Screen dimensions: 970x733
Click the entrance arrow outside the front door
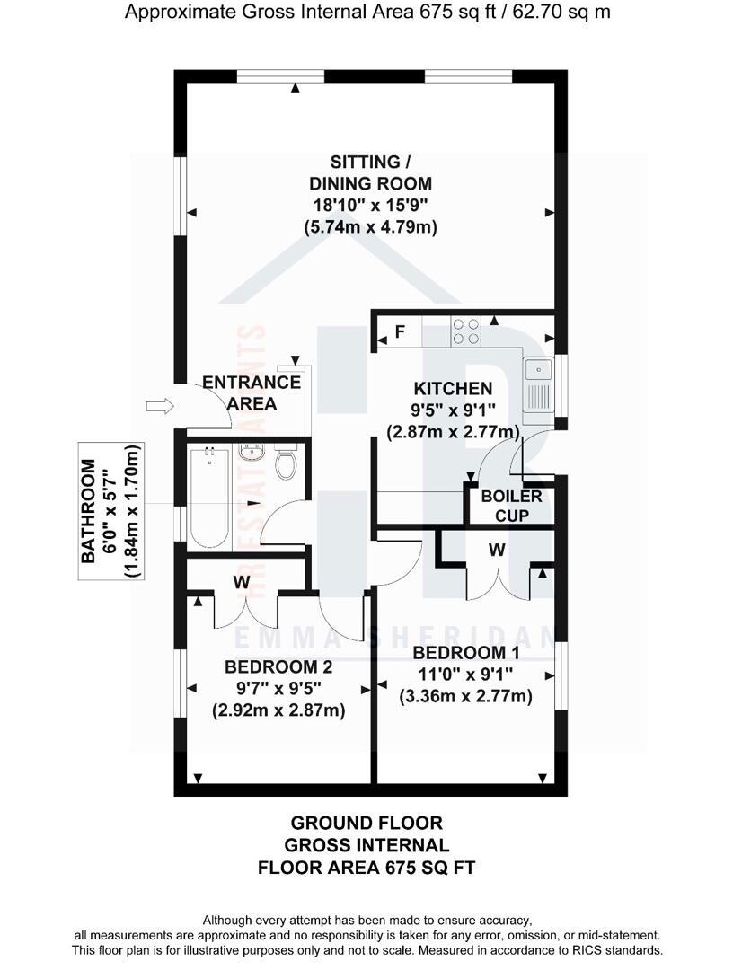point(158,407)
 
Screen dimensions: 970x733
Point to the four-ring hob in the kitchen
point(465,331)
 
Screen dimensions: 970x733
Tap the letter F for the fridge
point(400,332)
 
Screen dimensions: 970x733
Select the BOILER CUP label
point(511,506)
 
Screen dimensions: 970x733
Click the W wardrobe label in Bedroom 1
point(496,551)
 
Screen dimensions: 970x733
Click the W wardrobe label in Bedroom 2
point(241,582)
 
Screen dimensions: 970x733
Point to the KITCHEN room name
point(453,389)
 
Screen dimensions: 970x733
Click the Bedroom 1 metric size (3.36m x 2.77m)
point(465,696)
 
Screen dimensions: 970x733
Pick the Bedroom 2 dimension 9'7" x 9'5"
point(278,689)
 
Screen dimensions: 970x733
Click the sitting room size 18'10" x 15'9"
point(370,206)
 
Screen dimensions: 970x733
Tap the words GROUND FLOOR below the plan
point(366,823)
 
